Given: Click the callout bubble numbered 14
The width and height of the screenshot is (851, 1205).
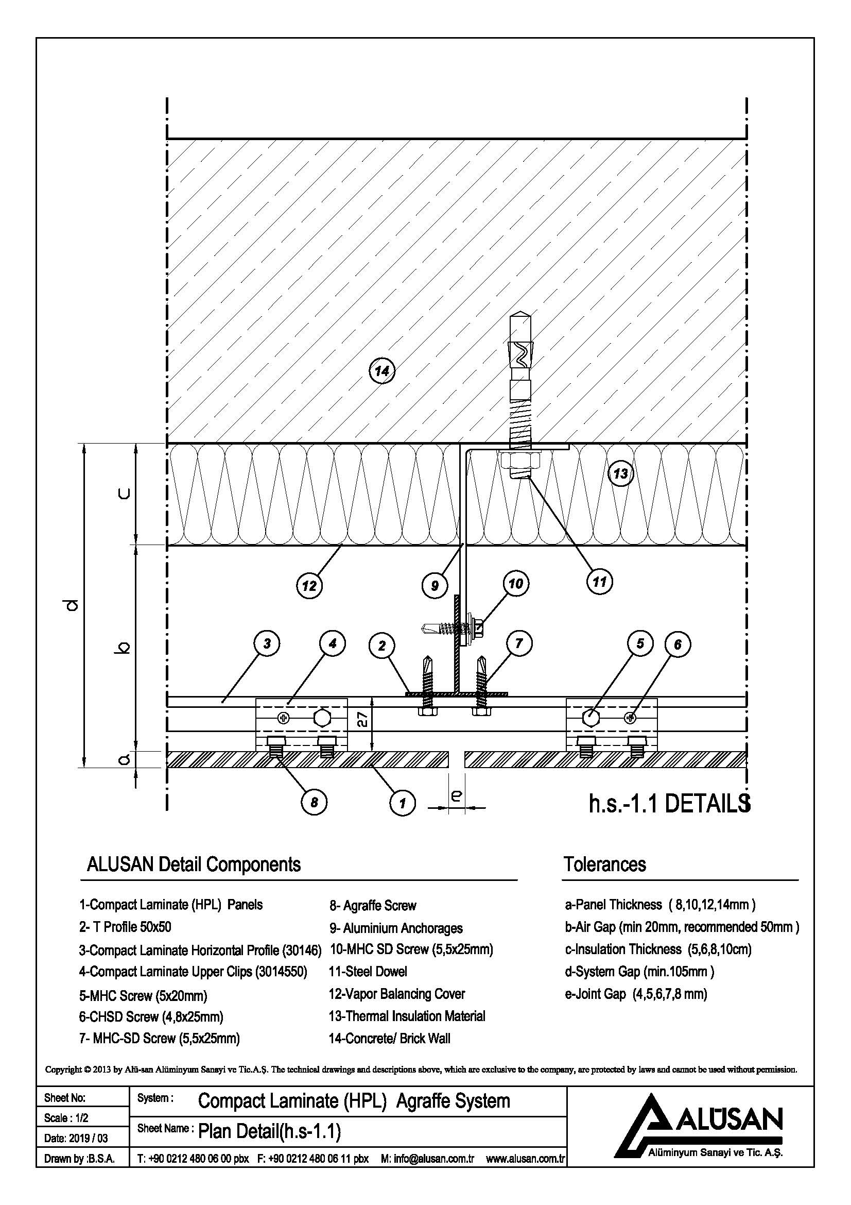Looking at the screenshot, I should pos(381,371).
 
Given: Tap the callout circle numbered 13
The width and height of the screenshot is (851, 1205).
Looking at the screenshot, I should pos(620,473).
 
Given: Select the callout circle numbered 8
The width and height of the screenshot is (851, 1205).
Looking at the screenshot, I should pos(314,803).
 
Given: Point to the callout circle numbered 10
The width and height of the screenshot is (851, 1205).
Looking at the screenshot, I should pos(515,584).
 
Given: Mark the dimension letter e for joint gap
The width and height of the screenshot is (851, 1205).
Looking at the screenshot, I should pos(456,796).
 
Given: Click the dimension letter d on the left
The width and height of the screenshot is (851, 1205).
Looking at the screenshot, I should pos(74,606).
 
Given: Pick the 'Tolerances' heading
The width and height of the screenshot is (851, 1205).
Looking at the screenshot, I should pos(604,864).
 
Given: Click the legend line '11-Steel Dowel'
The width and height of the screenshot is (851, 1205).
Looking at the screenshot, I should pos(368,972).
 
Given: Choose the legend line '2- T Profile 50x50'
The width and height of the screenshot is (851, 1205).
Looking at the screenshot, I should pos(125,927).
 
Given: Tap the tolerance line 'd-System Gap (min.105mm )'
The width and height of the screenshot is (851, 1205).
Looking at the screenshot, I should pos(639,972).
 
